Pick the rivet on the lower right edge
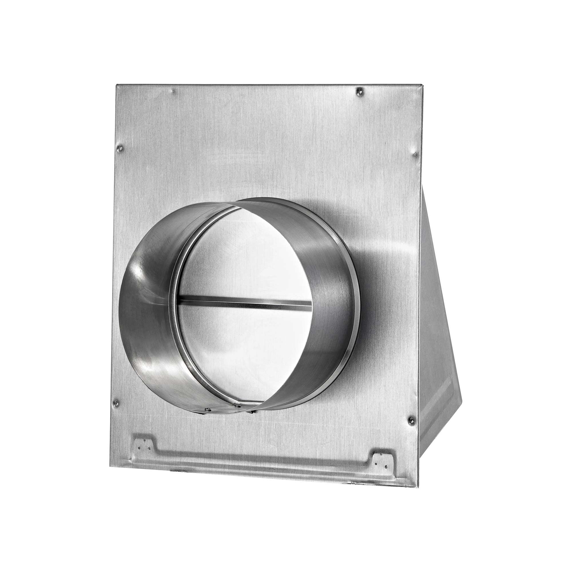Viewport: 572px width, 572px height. pyautogui.click(x=410, y=420)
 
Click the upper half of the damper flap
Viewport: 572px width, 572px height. pyautogui.click(x=246, y=252)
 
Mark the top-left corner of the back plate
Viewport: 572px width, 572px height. pyautogui.click(x=117, y=85)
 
